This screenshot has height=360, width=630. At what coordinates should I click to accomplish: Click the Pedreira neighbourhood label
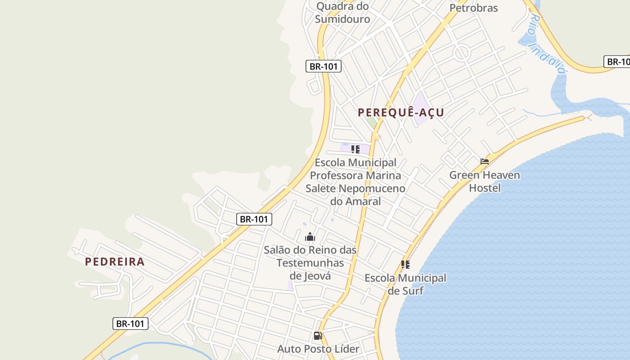pyautogui.click(x=115, y=261)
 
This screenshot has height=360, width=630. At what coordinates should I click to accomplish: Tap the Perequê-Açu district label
pyautogui.click(x=401, y=112)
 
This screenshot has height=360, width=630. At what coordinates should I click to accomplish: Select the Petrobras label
pyautogui.click(x=473, y=8)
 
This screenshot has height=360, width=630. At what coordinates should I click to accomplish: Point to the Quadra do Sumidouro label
pyautogui.click(x=342, y=13)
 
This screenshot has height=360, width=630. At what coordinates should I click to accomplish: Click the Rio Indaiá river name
pyautogui.click(x=547, y=43)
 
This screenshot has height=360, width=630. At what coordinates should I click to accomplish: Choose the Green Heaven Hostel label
pyautogui.click(x=485, y=181)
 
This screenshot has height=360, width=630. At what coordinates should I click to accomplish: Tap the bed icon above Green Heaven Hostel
pyautogui.click(x=485, y=162)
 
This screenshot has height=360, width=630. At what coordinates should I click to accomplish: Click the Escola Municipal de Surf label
pyautogui.click(x=405, y=284)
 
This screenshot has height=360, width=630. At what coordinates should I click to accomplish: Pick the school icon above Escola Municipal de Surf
pyautogui.click(x=405, y=265)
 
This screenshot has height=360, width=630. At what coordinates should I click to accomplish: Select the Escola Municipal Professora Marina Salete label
pyautogui.click(x=355, y=182)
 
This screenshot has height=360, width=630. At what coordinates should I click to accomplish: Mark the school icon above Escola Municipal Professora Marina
pyautogui.click(x=355, y=149)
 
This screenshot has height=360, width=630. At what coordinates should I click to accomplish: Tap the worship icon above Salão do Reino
pyautogui.click(x=310, y=237)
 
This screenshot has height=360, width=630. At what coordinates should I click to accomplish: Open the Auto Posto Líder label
pyautogui.click(x=318, y=349)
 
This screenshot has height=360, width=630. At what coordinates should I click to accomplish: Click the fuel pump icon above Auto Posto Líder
pyautogui.click(x=318, y=336)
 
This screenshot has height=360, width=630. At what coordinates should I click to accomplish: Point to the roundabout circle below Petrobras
pyautogui.click(x=462, y=53)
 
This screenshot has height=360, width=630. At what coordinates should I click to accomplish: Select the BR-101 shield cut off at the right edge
pyautogui.click(x=617, y=62)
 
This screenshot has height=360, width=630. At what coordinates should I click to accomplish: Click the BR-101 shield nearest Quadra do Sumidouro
pyautogui.click(x=324, y=66)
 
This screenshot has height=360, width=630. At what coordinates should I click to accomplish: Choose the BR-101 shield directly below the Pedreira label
pyautogui.click(x=130, y=323)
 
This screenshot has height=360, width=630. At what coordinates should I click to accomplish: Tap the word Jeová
pyautogui.click(x=310, y=275)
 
